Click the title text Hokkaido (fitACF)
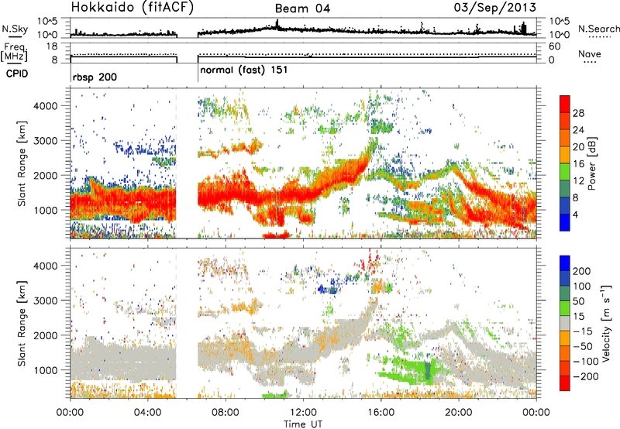(133, 7)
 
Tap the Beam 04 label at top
(302, 9)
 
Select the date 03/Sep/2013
(494, 7)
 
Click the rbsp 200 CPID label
(95, 77)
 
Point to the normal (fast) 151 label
(244, 70)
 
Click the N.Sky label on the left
(15, 29)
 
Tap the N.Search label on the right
(598, 29)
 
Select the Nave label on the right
(590, 53)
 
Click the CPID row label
(17, 74)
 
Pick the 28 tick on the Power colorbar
(578, 113)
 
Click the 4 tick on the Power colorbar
(575, 214)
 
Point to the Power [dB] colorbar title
(592, 163)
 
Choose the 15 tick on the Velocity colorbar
(578, 316)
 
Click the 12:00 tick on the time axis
(303, 413)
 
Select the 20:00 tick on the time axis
(459, 413)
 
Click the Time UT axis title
(303, 424)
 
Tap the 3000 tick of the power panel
(46, 141)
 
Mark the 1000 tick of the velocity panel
(46, 370)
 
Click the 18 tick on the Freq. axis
(52, 46)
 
